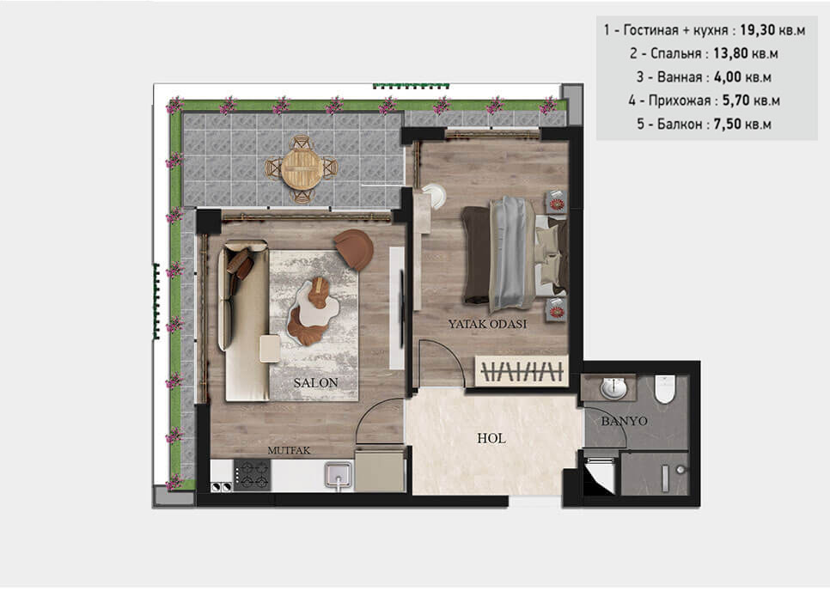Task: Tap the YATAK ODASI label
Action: tap(487, 324)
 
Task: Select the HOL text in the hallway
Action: tap(491, 438)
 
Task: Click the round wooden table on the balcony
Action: tap(301, 168)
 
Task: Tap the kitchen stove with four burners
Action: tap(253, 474)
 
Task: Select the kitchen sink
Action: tap(338, 475)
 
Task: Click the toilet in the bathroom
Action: tap(666, 388)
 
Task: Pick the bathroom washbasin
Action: tap(613, 388)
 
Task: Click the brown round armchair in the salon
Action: tap(354, 249)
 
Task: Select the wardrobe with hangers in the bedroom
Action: tap(522, 372)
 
